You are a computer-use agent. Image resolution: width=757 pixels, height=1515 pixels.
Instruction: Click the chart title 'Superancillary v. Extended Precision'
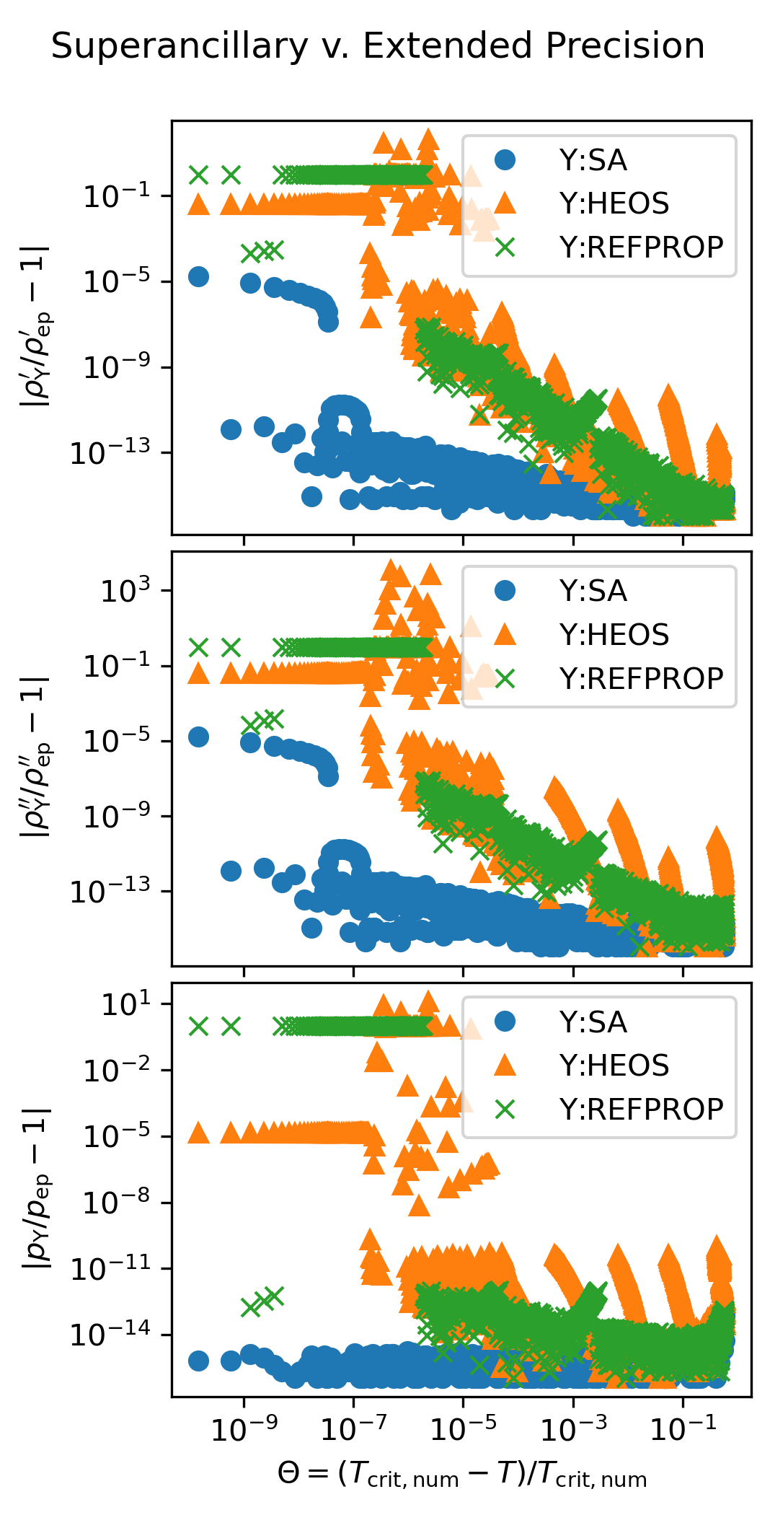point(378,46)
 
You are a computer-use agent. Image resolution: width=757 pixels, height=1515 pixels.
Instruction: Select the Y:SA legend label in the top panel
point(593,160)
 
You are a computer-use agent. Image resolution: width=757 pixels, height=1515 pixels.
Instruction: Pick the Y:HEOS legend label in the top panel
point(614,203)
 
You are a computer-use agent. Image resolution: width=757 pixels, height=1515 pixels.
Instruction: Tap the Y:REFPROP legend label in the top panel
point(641,247)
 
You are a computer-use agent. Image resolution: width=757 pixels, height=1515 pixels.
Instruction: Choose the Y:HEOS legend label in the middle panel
point(614,635)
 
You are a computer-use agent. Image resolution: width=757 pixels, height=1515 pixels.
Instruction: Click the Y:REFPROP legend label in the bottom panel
point(641,1109)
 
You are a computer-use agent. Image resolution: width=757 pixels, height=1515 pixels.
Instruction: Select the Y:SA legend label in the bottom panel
point(593,1022)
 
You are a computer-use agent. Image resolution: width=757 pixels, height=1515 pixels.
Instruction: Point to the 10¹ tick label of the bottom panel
point(125,1004)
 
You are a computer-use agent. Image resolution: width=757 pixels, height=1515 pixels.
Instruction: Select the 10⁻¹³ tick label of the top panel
point(110,453)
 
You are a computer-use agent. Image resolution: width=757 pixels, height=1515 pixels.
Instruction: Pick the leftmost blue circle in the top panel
point(198,276)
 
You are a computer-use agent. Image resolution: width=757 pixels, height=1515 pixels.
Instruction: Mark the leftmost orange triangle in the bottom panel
point(198,1133)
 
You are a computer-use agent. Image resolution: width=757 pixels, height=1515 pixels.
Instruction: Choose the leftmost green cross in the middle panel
point(198,646)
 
